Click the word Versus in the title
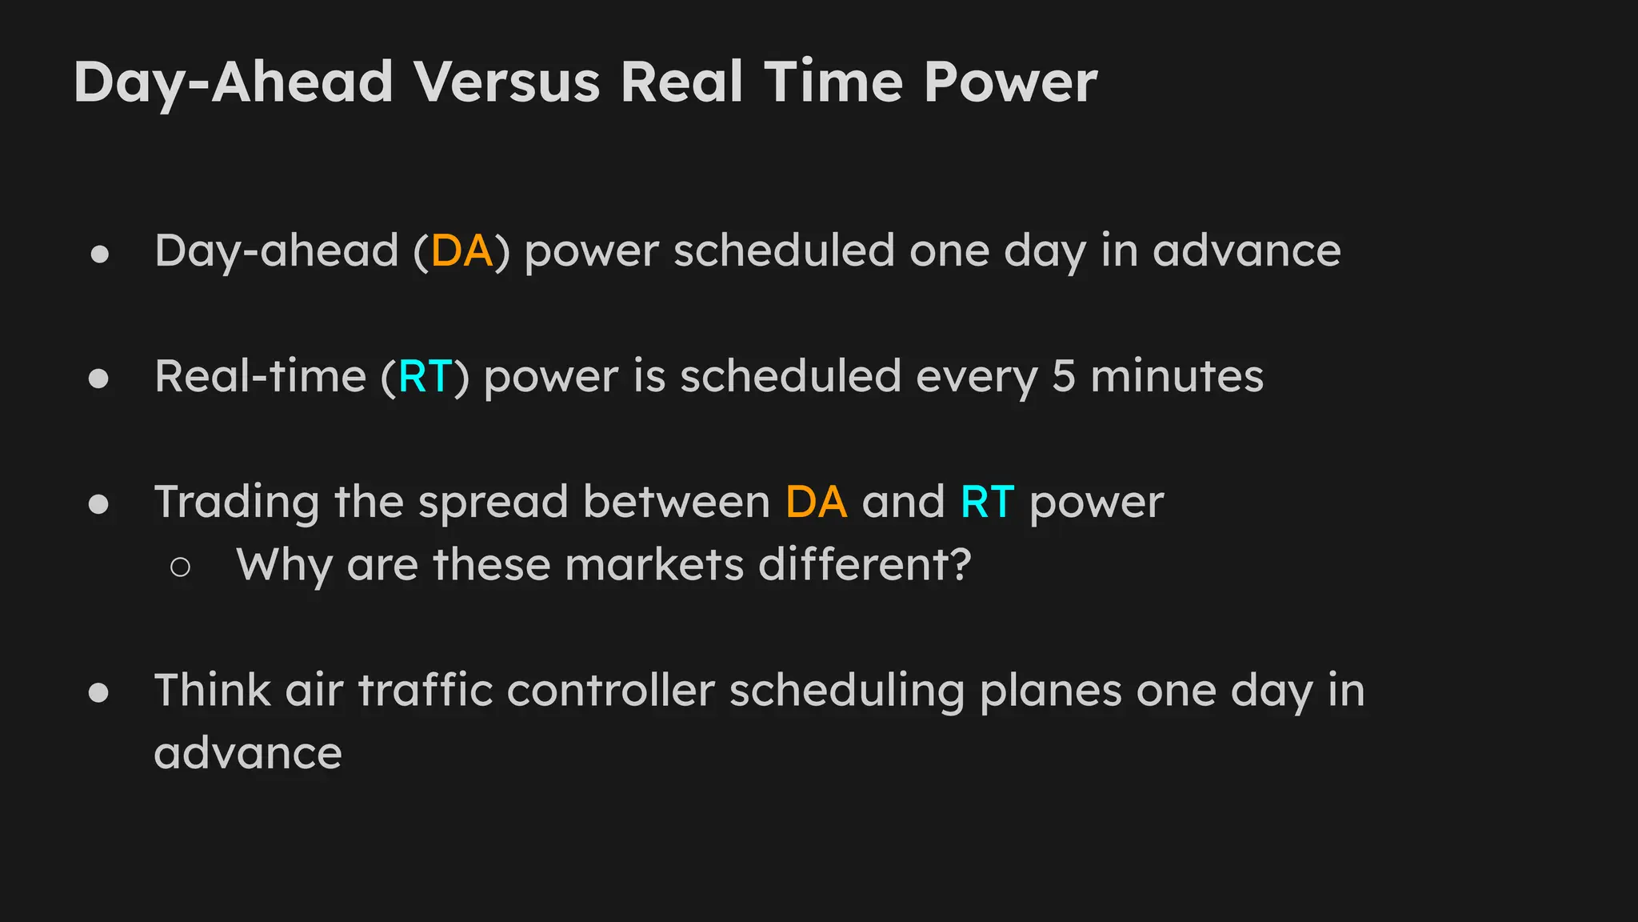click(506, 82)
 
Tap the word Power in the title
click(1010, 82)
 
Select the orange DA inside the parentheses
click(461, 251)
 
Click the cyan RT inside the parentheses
click(425, 377)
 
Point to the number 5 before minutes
click(1063, 377)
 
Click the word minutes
click(1177, 377)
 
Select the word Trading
click(236, 503)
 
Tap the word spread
click(493, 503)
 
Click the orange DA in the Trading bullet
click(816, 503)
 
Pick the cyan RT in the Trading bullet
click(987, 503)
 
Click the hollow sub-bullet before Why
click(180, 567)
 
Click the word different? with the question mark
click(865, 565)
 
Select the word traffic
click(425, 691)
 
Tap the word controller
click(610, 691)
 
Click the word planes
click(1050, 691)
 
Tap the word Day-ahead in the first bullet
click(276, 251)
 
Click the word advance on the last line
click(248, 754)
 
